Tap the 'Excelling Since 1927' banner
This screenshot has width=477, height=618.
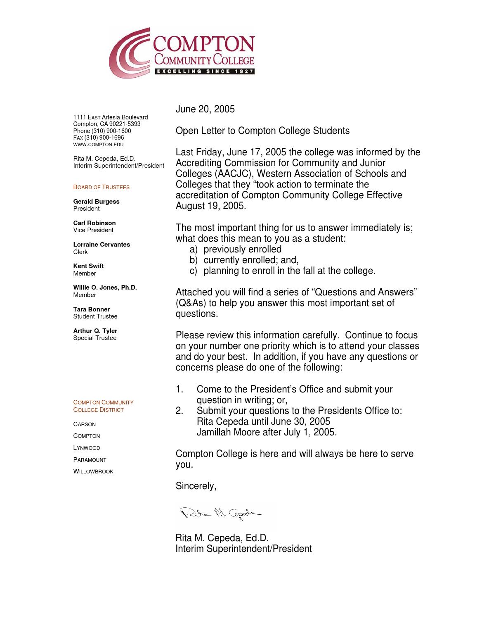204,71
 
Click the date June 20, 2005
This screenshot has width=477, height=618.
205,109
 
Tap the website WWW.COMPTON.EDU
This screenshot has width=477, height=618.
98,144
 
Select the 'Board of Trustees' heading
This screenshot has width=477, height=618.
101,187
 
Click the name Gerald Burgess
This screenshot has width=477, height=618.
96,202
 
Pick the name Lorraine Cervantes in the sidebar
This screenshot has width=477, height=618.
102,245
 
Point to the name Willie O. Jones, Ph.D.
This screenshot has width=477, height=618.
105,288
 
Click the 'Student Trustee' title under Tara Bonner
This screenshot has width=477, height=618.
95,316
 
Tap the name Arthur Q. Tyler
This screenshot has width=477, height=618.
95,331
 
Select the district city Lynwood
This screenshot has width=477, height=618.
87,448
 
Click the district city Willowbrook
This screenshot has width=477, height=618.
93,471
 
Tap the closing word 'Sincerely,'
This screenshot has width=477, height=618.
196,486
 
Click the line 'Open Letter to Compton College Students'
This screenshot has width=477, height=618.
262,131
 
